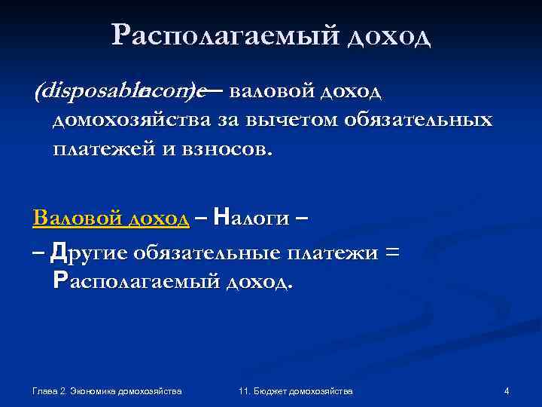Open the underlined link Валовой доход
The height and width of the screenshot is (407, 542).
pos(111,219)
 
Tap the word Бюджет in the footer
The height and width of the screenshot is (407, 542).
pos(271,391)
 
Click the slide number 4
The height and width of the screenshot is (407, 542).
pos(507,391)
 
